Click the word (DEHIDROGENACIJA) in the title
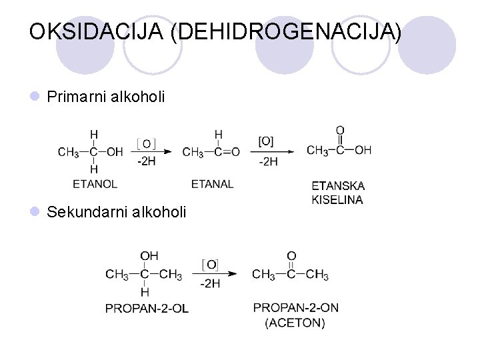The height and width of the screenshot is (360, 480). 286,32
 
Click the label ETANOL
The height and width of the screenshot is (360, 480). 95,183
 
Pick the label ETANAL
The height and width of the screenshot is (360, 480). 212,183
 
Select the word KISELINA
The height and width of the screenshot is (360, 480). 337,199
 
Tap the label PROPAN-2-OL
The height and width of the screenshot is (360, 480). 147,308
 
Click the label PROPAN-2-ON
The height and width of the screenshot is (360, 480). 296,308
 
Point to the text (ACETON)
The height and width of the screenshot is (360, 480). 295,323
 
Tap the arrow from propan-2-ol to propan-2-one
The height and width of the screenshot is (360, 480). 214,273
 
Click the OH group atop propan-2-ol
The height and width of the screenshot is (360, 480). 149,256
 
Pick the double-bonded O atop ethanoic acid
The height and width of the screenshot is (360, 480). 340,131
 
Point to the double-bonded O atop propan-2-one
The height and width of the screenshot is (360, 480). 291,256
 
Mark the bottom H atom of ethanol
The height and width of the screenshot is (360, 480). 94,169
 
